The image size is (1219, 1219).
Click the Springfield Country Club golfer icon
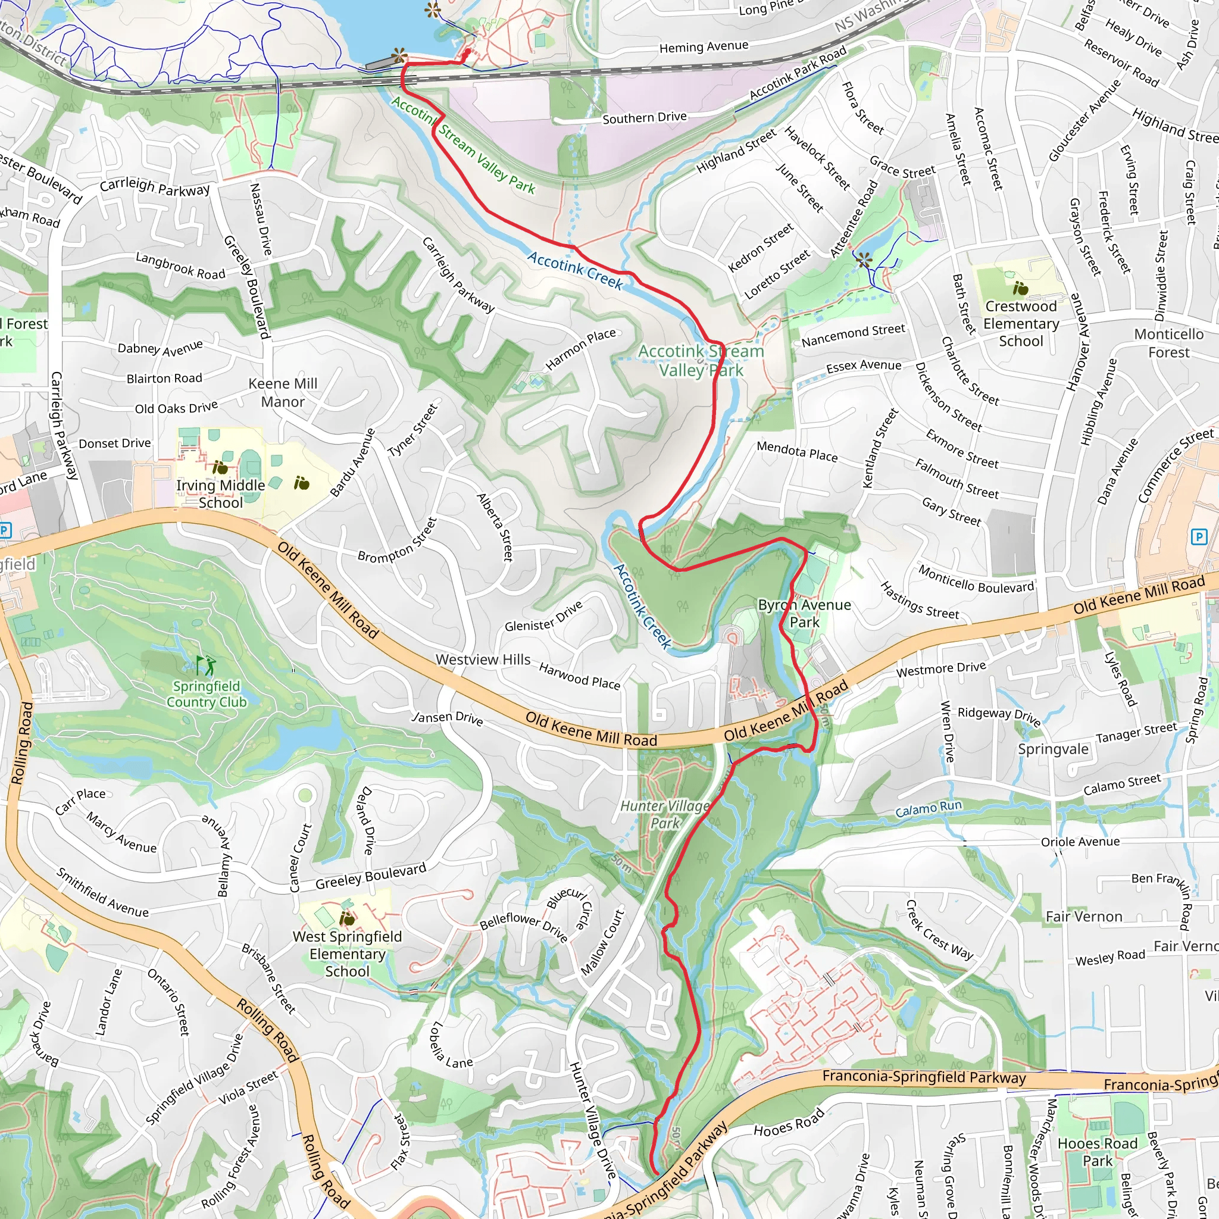pos(206,664)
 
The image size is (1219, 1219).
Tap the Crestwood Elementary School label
pos(1020,324)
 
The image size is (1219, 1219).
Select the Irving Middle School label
pos(220,493)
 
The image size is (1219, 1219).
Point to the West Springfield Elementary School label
pos(347,954)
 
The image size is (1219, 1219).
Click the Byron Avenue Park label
pos(805,613)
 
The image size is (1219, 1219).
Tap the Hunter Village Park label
pos(665,814)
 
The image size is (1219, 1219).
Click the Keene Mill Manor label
pos(283,392)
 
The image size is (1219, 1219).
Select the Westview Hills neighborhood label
pos(483,659)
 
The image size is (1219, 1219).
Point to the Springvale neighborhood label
pos(1053,749)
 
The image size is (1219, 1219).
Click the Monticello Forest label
pos(1168,343)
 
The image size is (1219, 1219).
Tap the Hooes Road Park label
pos(1097,1152)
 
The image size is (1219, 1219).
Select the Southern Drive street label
pos(644,118)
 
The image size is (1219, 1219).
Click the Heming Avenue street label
pos(704,46)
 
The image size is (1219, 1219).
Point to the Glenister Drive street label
pos(544,617)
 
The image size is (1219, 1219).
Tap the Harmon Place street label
pos(580,348)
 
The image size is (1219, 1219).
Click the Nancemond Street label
pos(853,335)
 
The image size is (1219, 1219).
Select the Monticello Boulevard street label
pos(976,579)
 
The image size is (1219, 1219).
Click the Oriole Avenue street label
pos(1080,842)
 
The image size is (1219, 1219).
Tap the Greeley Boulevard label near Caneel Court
pos(371,876)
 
